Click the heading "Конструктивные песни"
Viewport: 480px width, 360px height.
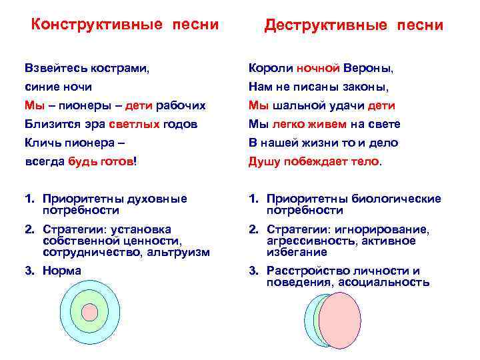point(125,25)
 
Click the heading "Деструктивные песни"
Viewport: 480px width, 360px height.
point(353,25)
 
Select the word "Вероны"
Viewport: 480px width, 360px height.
point(367,69)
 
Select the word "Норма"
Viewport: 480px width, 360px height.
point(61,270)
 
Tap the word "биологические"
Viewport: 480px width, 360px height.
point(400,199)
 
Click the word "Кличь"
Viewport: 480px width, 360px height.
point(41,142)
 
